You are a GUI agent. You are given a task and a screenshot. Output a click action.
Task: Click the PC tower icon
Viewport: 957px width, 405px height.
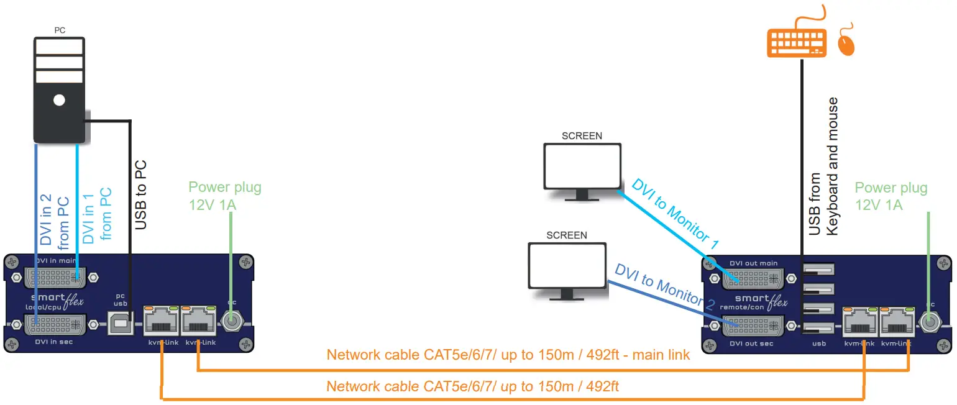59,90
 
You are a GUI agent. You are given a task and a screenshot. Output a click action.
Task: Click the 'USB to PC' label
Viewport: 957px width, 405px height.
141,194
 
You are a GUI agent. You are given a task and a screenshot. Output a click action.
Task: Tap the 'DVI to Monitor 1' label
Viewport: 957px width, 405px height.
675,214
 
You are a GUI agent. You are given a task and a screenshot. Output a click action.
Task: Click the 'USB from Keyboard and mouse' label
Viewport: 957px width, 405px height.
823,166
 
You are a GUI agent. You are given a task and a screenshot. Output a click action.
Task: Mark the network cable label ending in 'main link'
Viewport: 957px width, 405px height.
508,355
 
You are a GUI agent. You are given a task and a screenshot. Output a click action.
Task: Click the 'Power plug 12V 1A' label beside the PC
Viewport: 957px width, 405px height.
225,196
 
